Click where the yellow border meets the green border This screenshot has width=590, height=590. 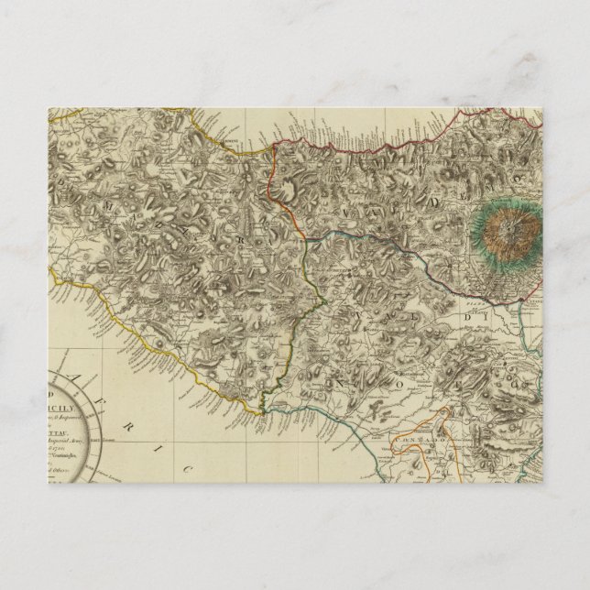click(x=263, y=411)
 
